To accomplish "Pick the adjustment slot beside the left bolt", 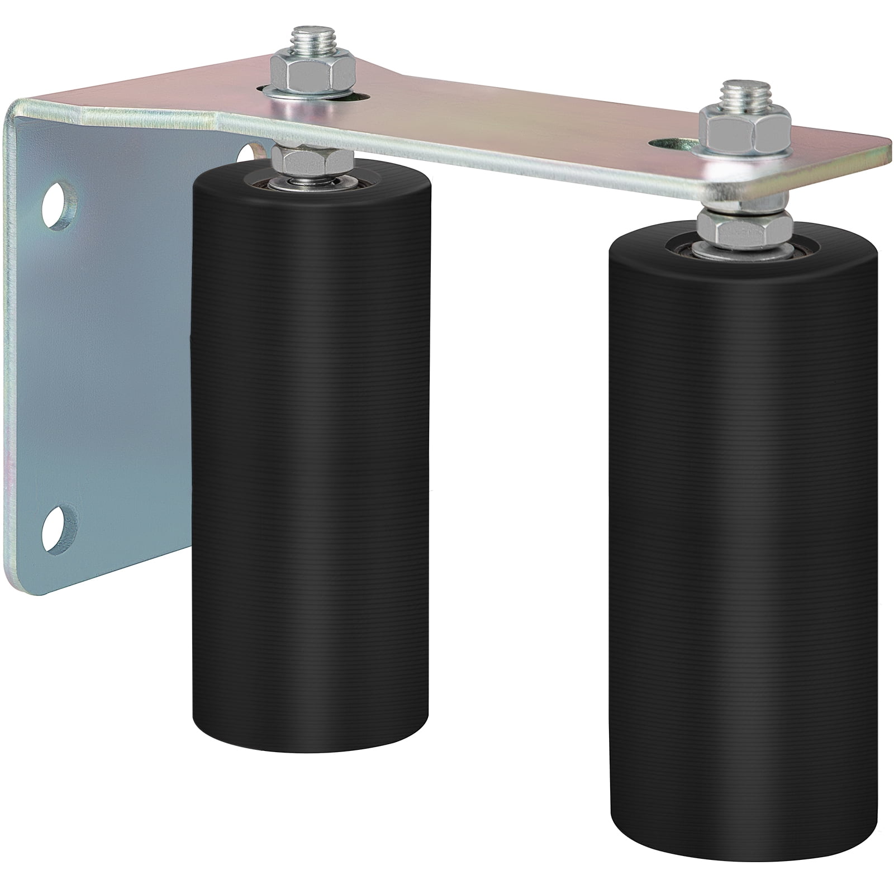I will coord(358,96).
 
